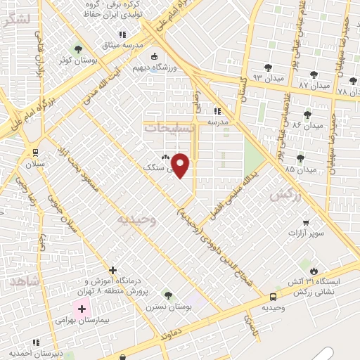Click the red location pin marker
(x=181, y=165)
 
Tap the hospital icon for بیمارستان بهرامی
(x=82, y=309)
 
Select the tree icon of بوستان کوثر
(x=78, y=50)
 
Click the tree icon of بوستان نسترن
(x=167, y=295)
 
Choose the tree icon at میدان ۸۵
(x=301, y=158)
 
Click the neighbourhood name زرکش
(x=285, y=193)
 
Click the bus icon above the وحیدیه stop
(x=273, y=297)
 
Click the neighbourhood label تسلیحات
(x=167, y=129)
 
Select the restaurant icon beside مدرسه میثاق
(x=122, y=34)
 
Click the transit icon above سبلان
(x=36, y=152)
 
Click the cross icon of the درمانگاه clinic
(x=112, y=270)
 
